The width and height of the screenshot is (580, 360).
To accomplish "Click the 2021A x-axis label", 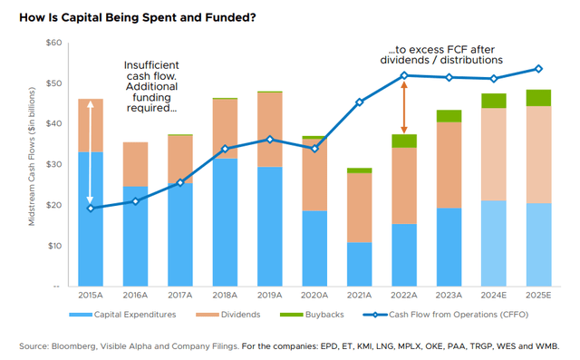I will [x=360, y=296].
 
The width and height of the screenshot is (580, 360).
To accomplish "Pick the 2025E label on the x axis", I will [x=537, y=296].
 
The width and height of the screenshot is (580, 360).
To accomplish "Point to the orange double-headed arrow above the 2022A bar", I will [x=405, y=106].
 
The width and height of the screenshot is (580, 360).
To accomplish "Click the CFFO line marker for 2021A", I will [x=360, y=102].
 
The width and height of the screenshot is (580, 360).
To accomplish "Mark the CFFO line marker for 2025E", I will [x=537, y=69].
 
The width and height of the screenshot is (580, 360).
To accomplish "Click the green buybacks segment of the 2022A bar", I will [x=404, y=141].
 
